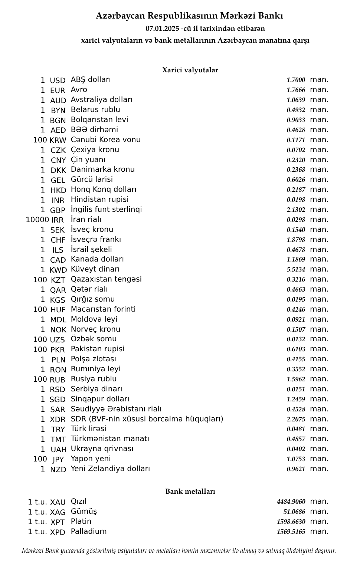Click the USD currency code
tap(58, 80)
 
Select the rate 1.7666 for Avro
tap(296, 90)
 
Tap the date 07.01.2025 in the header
tap(162, 28)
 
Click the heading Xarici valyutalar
tap(190, 70)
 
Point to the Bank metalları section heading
tap(190, 492)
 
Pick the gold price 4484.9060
tap(291, 502)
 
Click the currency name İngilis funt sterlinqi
tap(106, 209)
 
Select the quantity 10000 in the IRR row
tap(37, 220)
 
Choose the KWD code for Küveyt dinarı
tap(58, 270)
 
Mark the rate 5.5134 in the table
tap(296, 269)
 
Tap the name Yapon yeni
tap(91, 459)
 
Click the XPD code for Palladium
tap(58, 532)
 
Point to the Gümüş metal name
tap(84, 512)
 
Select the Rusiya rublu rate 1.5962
tap(296, 379)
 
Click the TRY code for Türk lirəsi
tap(58, 430)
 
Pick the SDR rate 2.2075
tap(296, 419)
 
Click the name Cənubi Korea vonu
tap(105, 139)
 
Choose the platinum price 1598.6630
tap(291, 522)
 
